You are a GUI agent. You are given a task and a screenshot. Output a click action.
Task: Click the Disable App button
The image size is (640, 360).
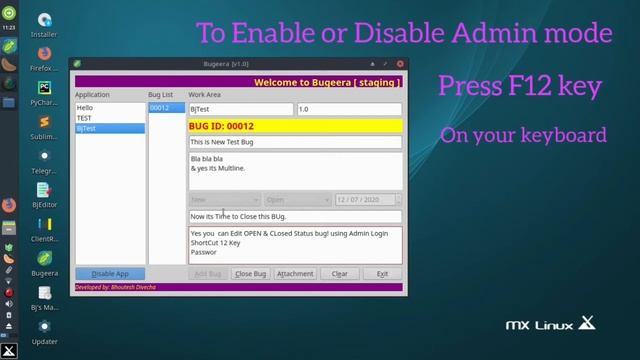click(110, 274)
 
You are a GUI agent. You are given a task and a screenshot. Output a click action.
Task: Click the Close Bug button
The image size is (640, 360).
click(250, 274)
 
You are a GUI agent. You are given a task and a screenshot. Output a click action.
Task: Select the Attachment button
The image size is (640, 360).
click(295, 274)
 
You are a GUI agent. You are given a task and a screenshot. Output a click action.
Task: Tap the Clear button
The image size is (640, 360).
click(339, 274)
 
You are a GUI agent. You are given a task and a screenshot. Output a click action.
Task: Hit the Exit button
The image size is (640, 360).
click(382, 274)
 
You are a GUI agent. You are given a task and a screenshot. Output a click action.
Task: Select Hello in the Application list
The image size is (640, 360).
click(85, 108)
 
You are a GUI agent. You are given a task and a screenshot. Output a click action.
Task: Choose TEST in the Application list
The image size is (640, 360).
click(85, 118)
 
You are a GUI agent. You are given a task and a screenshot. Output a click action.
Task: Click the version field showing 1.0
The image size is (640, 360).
click(348, 109)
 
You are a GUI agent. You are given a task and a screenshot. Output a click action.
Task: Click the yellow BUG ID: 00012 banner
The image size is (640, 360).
click(295, 126)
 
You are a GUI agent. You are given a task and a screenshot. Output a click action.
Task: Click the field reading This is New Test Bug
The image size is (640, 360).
click(295, 143)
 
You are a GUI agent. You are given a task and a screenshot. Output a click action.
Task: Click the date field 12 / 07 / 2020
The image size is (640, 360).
click(368, 200)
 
